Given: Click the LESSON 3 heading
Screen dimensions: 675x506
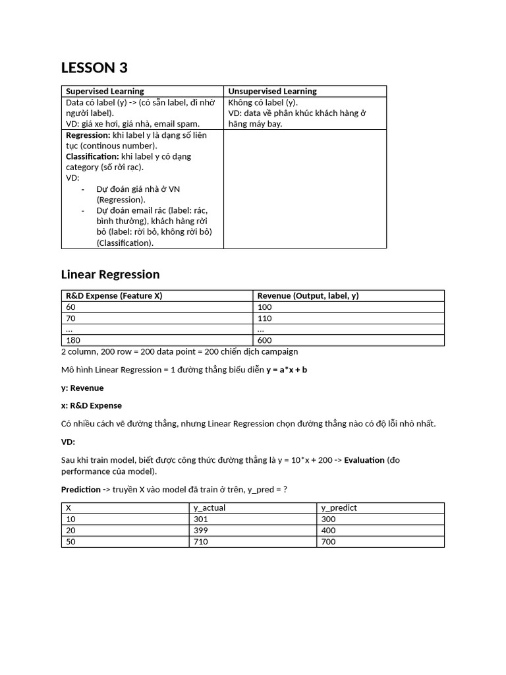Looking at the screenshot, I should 94,68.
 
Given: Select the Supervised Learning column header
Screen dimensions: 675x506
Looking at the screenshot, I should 105,91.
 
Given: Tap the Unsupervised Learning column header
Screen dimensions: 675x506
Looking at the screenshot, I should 272,91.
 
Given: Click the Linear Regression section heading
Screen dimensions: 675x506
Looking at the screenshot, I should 110,274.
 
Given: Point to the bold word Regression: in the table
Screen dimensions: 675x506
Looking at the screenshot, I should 88,134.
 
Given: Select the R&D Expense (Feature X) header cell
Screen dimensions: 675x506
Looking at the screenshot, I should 113,296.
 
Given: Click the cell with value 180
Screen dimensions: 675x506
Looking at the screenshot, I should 72,340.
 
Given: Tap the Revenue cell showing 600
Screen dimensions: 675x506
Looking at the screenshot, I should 264,340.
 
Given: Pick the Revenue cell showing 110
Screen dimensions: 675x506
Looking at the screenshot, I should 264,318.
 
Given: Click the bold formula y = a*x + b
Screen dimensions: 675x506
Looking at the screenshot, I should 287,370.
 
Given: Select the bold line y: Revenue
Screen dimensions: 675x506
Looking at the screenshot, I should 82,388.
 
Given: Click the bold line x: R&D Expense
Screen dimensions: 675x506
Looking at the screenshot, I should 92,405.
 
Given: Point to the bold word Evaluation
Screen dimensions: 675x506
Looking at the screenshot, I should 364,460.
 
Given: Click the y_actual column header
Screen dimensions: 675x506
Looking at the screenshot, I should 210,508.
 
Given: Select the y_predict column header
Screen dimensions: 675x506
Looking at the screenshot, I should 339,508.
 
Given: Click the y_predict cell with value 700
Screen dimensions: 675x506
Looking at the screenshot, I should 328,542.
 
